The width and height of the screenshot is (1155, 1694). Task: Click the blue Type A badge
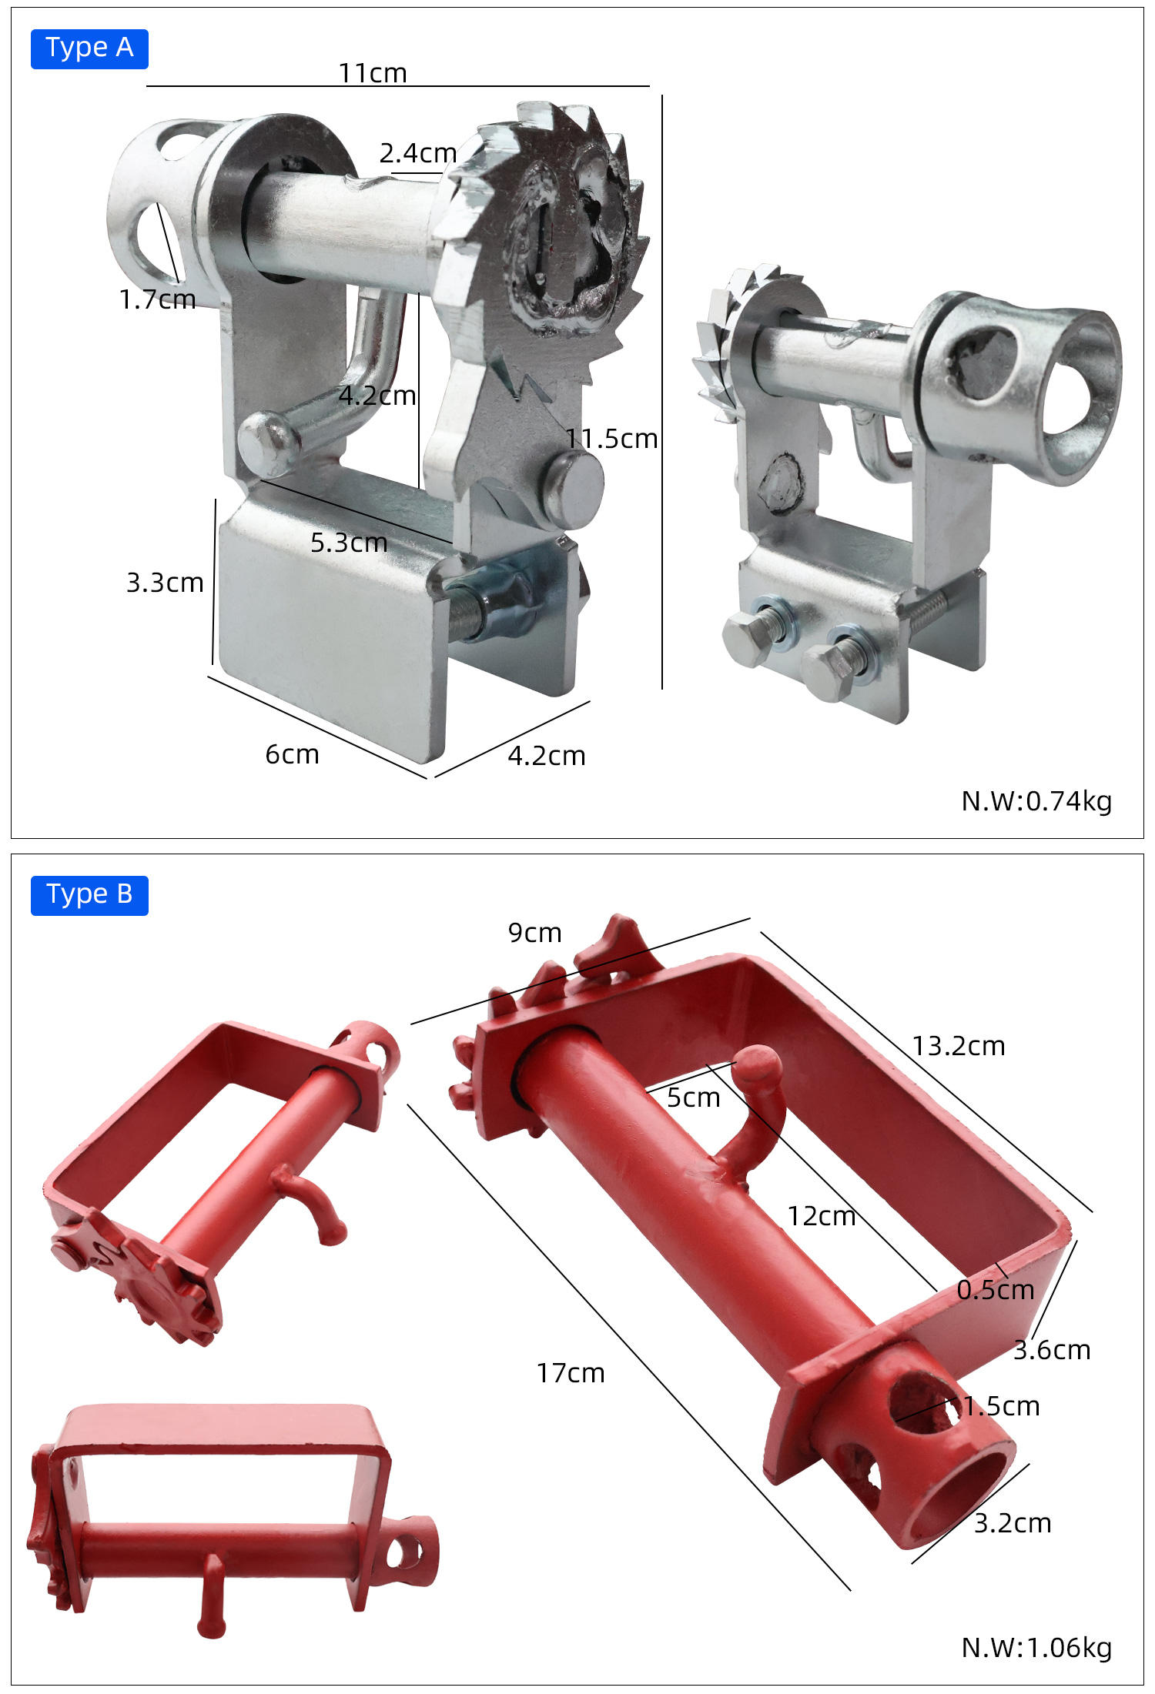89,48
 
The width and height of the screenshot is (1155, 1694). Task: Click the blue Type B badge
89,895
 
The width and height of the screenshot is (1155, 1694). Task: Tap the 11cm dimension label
373,73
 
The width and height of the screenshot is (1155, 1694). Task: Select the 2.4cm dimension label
418,153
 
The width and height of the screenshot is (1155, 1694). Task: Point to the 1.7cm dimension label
158,299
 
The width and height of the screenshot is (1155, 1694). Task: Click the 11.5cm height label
612,439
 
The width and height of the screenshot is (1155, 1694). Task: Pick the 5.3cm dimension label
349,543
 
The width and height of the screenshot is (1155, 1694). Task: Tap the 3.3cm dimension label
165,583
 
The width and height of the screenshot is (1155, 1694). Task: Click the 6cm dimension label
292,754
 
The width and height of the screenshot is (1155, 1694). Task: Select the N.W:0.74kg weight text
1036,801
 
